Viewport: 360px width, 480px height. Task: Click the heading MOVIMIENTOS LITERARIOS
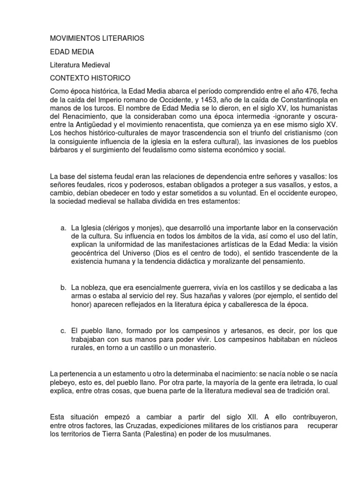(97, 38)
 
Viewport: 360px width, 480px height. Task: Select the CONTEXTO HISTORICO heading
(90, 77)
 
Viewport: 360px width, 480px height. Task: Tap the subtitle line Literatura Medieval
(80, 64)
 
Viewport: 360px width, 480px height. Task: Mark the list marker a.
(63, 227)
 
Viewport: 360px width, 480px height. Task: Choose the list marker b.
(63, 287)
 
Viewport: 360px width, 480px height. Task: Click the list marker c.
(63, 331)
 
